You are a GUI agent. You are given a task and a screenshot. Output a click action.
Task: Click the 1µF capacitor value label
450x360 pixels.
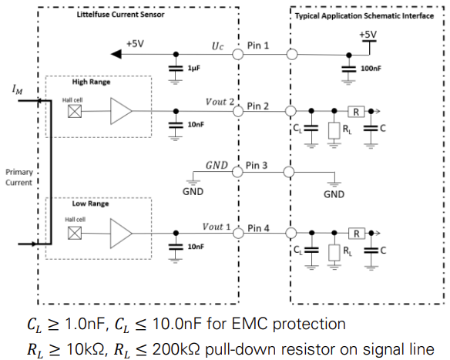point(193,68)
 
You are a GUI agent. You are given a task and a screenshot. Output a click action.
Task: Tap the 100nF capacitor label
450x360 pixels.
point(371,69)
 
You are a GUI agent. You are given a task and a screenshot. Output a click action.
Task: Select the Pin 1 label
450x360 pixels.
point(258,45)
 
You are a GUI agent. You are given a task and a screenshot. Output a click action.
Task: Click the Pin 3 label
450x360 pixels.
point(257,166)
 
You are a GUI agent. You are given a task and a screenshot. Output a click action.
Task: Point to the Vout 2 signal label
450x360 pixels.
point(220,102)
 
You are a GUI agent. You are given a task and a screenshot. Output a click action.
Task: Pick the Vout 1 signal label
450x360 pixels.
point(217,227)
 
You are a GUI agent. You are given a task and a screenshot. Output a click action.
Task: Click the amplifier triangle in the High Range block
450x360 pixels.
point(121,111)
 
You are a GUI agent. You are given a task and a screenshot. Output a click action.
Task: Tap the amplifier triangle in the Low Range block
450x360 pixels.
point(121,234)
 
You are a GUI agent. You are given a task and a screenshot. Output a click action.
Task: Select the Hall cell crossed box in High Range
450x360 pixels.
point(75,111)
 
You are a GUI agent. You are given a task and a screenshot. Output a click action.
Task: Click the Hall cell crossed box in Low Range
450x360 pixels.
point(75,233)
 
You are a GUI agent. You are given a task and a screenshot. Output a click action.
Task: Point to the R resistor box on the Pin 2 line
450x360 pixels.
point(356,111)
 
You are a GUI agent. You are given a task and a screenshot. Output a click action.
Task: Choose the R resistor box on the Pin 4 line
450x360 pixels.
point(357,234)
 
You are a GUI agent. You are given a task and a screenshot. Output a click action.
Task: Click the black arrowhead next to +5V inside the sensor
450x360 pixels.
point(116,54)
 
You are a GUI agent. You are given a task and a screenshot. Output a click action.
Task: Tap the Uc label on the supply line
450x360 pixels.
point(217,46)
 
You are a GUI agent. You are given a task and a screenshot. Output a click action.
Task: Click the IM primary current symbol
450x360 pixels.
point(17,89)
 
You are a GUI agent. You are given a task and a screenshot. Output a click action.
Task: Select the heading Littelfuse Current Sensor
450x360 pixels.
point(120,15)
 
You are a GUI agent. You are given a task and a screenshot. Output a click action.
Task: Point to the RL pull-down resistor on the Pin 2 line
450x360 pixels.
point(334,131)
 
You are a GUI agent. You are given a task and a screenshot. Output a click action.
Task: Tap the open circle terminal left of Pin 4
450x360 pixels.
point(238,233)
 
